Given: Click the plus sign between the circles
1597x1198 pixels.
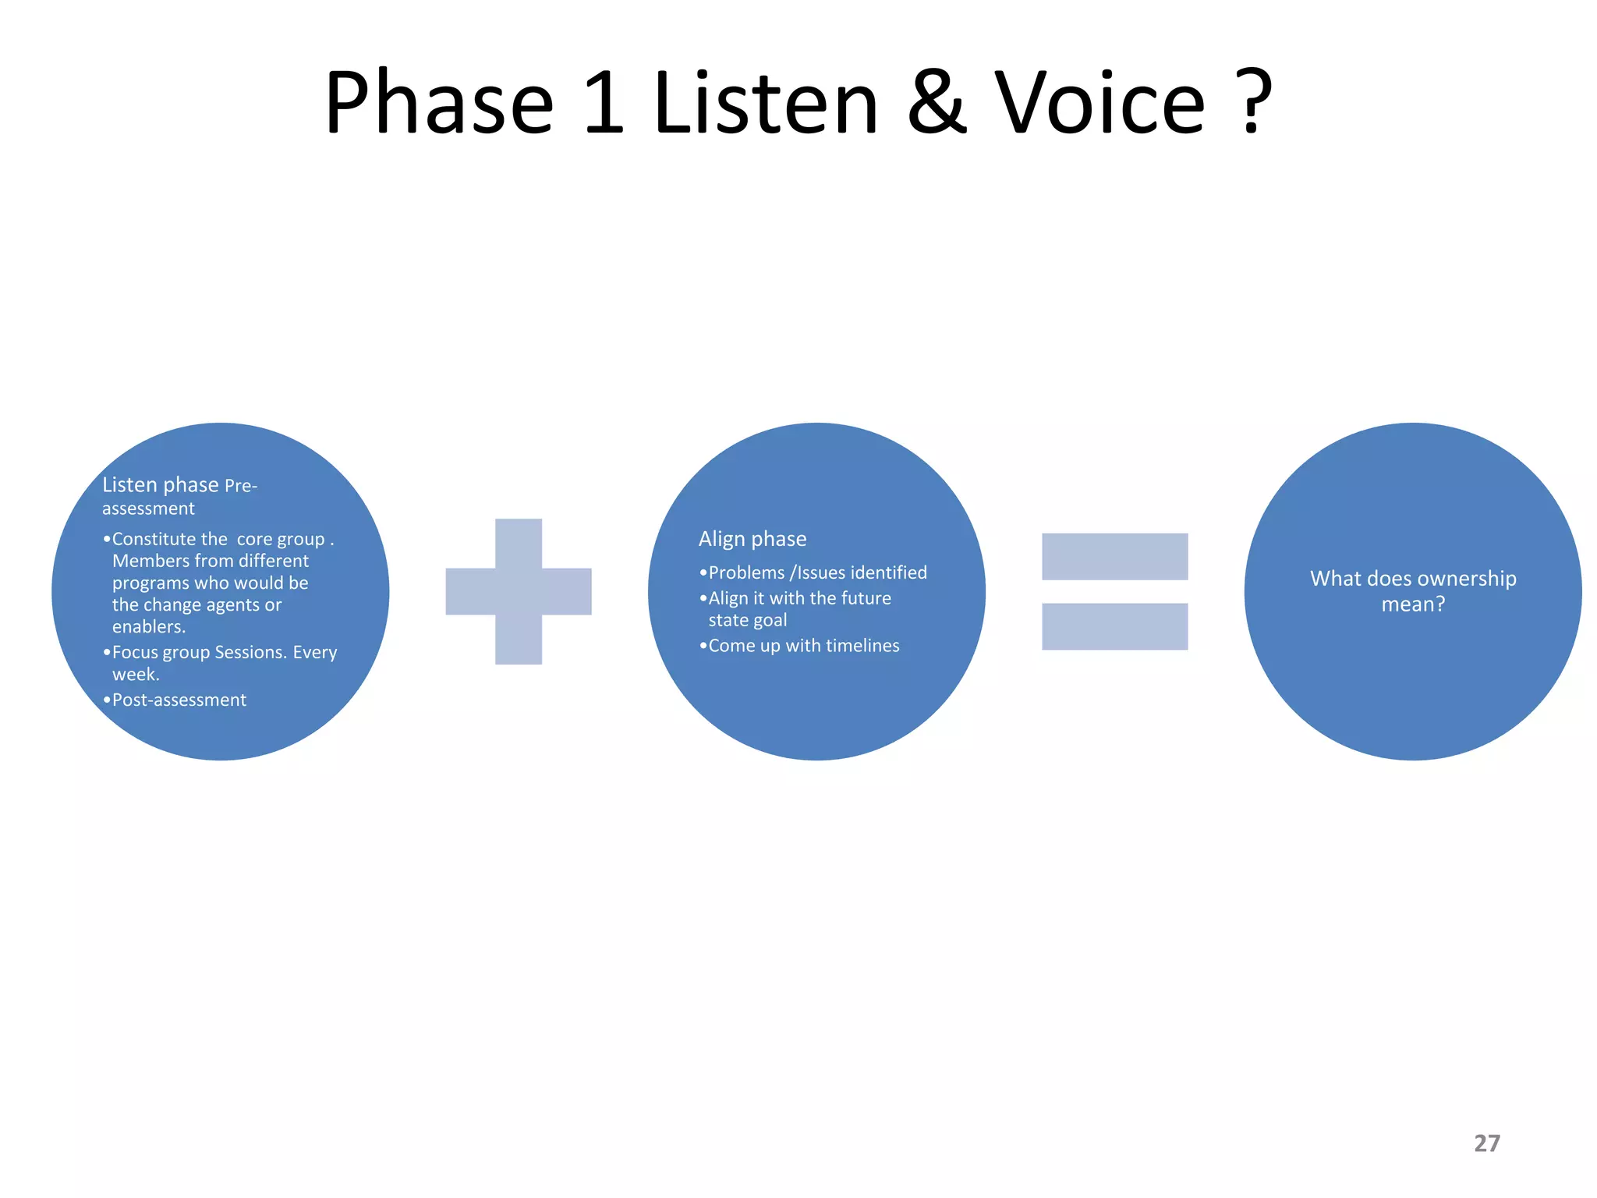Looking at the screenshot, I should point(519,591).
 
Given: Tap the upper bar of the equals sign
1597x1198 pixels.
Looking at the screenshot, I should point(1114,556).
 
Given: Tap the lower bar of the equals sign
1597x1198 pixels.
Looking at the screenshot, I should point(1114,626).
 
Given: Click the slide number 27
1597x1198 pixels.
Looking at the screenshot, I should point(1486,1143).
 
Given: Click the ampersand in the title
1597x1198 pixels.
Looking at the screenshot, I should point(938,102).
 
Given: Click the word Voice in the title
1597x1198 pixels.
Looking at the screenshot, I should point(1100,102).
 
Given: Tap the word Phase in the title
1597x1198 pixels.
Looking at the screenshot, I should point(438,102).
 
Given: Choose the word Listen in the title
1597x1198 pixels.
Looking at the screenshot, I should point(767,102).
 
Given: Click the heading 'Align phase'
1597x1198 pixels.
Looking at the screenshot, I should point(752,539).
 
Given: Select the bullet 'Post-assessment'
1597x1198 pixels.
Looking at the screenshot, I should point(179,700).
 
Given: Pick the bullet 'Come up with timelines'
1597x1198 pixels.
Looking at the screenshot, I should point(803,646).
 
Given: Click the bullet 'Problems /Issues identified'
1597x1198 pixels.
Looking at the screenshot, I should point(816,572).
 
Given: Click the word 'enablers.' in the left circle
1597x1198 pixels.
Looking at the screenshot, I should point(148,627).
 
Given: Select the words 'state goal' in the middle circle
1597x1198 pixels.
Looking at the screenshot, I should point(747,621).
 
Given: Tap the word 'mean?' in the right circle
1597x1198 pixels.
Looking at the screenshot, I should point(1413,604).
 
